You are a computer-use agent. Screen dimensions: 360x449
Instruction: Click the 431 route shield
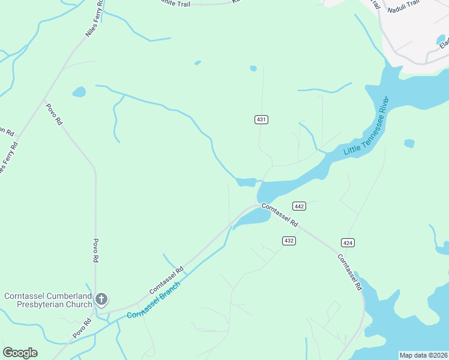(261, 119)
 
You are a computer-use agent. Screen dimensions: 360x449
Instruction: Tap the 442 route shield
(300, 206)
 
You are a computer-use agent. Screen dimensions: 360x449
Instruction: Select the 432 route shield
(289, 241)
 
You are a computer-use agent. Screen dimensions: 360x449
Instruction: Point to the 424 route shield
(348, 242)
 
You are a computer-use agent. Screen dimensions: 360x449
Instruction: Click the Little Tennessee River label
(367, 126)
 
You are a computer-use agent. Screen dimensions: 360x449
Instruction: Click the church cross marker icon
(101, 299)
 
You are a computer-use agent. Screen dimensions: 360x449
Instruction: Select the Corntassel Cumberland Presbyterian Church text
(48, 300)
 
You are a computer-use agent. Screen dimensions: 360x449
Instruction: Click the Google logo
(20, 353)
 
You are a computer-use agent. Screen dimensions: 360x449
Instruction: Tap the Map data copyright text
(423, 355)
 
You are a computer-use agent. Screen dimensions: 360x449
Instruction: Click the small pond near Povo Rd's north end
(79, 92)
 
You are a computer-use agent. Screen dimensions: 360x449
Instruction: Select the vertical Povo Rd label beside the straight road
(95, 251)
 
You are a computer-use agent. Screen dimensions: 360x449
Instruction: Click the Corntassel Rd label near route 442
(280, 214)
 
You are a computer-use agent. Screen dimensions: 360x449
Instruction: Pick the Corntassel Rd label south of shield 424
(349, 273)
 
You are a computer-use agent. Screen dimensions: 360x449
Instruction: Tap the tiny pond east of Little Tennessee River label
(409, 143)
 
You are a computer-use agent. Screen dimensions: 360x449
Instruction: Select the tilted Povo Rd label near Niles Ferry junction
(55, 113)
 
